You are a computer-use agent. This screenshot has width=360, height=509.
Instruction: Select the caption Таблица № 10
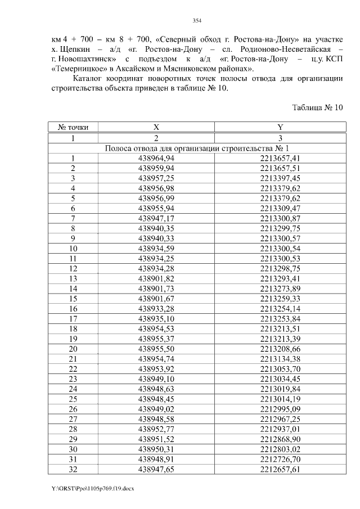[317, 108]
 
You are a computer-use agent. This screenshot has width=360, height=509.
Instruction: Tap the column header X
[156, 128]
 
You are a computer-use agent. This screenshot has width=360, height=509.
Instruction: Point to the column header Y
[280, 128]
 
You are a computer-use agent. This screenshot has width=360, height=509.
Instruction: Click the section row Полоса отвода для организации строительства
[197, 148]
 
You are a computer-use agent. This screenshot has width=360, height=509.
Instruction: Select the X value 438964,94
[156, 158]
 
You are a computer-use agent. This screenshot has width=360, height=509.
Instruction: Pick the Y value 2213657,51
[280, 168]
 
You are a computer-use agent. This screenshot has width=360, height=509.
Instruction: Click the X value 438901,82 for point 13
[156, 278]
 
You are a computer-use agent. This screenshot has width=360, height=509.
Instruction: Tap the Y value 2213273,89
[280, 288]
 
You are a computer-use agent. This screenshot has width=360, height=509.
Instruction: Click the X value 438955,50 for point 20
[156, 349]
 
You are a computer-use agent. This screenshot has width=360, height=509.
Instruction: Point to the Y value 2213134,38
[280, 359]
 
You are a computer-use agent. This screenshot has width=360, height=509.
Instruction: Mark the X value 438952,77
[156, 429]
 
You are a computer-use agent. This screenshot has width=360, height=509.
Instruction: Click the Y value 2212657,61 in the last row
[280, 469]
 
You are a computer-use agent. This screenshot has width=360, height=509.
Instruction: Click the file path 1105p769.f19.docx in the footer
[93, 488]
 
